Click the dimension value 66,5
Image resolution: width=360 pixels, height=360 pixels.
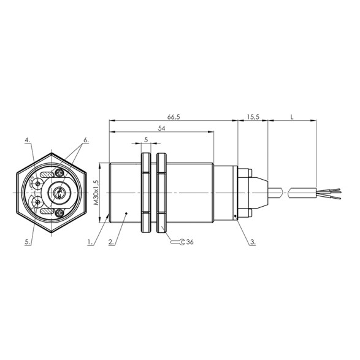pyautogui.click(x=173, y=116)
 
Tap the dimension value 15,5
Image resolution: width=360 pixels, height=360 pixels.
pyautogui.click(x=253, y=116)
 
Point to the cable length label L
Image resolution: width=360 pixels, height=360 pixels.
pyautogui.click(x=292, y=116)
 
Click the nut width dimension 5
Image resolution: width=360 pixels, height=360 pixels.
pyautogui.click(x=146, y=140)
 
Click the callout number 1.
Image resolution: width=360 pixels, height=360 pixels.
pyautogui.click(x=90, y=243)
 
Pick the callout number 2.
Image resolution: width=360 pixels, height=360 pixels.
pyautogui.click(x=110, y=243)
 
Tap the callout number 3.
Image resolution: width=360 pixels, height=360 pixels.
pyautogui.click(x=252, y=243)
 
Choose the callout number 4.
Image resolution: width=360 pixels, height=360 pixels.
pyautogui.click(x=28, y=140)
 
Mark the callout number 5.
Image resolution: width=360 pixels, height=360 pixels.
pyautogui.click(x=28, y=243)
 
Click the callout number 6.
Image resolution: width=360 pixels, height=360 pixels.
pyautogui.click(x=86, y=140)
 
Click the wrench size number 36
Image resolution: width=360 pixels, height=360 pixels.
pyautogui.click(x=190, y=242)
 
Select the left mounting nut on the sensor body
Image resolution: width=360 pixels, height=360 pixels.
pyautogui.click(x=146, y=194)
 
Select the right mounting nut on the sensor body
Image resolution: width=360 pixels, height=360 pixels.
pyautogui.click(x=161, y=194)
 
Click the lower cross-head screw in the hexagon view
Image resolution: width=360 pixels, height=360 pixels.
pyautogui.click(x=59, y=213)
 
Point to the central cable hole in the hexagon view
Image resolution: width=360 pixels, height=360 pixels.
pyautogui.click(x=56, y=194)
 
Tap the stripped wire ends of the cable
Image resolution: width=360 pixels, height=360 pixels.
pyautogui.click(x=327, y=194)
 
